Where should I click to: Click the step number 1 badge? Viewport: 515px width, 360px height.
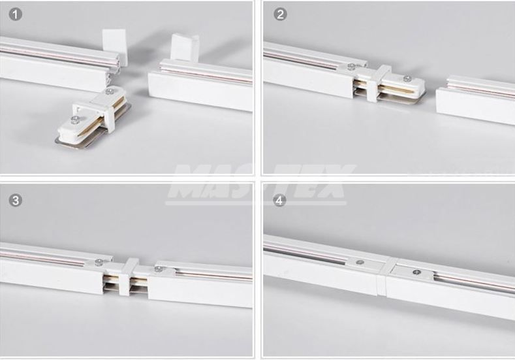[x=16, y=14]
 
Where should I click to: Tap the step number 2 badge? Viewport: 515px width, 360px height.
[x=280, y=14]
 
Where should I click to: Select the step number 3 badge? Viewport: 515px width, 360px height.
[x=16, y=200]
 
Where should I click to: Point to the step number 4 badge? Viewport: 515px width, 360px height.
[x=279, y=200]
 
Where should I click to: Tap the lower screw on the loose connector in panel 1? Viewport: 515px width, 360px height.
[x=75, y=120]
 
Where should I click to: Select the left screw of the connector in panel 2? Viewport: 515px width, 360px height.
[x=352, y=67]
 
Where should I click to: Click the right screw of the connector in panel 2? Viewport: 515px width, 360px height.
[x=407, y=78]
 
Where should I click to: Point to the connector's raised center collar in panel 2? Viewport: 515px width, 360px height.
[x=379, y=83]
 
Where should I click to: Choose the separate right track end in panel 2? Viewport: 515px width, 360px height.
[x=475, y=99]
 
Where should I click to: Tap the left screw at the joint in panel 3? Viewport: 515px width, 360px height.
[x=98, y=262]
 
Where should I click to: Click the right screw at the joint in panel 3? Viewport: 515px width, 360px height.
[x=159, y=269]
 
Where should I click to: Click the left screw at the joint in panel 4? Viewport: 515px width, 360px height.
[x=360, y=263]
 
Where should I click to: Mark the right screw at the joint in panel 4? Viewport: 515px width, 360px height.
[x=417, y=272]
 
